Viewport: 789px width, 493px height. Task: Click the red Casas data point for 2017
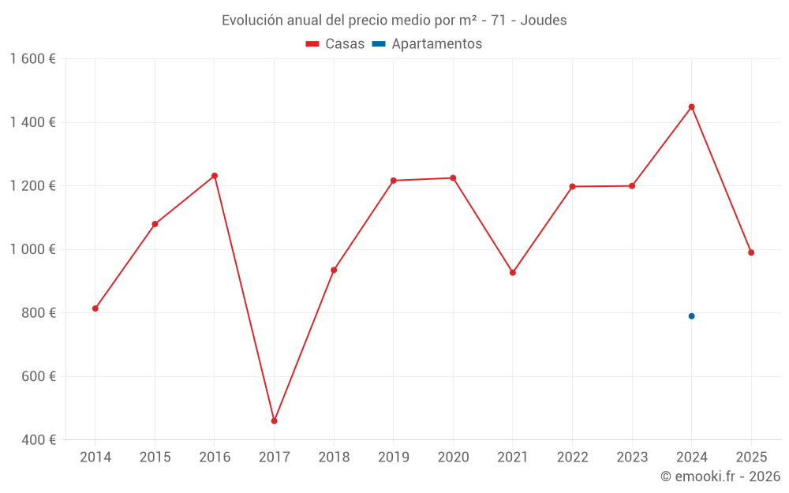[x=274, y=421]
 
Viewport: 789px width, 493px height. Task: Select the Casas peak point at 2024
[x=691, y=106]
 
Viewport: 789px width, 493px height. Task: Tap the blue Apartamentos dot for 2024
[x=691, y=316]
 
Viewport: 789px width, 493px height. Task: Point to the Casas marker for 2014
[x=95, y=308]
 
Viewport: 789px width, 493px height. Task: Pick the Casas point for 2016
[x=215, y=176]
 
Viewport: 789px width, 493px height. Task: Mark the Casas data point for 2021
[x=513, y=273]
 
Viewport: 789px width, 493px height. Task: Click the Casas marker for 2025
[x=751, y=252]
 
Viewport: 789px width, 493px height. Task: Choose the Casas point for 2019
[x=394, y=181]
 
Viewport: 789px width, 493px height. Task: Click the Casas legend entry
[x=335, y=44]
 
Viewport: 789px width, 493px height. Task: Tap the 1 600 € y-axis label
[x=33, y=59]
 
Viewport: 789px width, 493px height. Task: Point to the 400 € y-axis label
[x=38, y=440]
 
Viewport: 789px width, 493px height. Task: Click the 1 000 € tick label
[x=33, y=249]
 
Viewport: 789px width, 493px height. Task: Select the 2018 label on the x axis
[x=334, y=458]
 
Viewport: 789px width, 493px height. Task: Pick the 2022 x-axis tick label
[x=572, y=458]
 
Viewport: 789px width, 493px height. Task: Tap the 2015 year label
[x=155, y=458]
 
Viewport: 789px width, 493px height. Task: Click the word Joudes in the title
[x=545, y=21]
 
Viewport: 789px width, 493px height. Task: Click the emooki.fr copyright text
[x=720, y=476]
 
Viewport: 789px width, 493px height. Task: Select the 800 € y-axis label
[x=38, y=313]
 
